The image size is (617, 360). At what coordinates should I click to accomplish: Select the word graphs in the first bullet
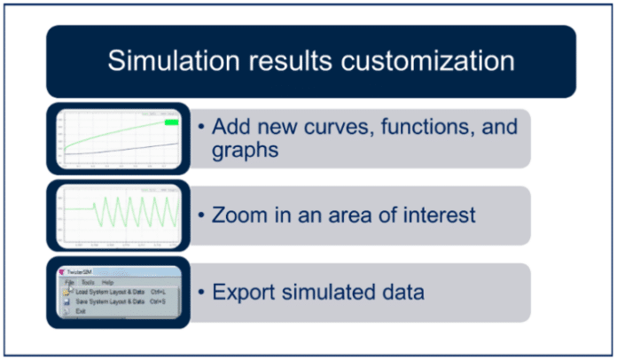point(246,151)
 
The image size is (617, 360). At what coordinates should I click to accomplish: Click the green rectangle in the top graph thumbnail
point(172,122)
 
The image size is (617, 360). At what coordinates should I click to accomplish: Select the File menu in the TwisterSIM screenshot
point(68,282)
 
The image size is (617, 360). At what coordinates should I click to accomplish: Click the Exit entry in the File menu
point(80,311)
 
